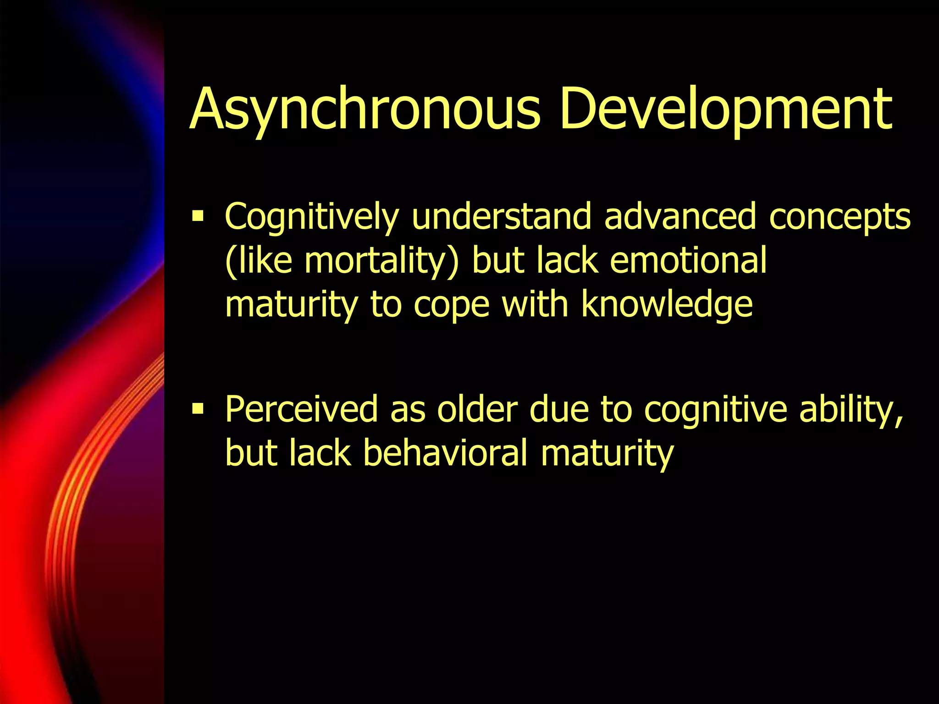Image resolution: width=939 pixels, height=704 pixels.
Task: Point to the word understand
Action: (501, 216)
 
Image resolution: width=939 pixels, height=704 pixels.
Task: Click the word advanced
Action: (679, 216)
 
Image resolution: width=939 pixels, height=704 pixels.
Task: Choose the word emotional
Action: (688, 260)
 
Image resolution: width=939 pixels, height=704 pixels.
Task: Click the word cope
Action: (451, 304)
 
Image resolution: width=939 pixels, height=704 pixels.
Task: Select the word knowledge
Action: (667, 304)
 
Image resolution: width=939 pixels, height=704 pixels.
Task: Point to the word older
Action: (477, 409)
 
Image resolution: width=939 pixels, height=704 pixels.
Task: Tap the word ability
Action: (851, 409)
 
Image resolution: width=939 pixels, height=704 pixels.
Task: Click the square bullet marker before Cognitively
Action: (198, 215)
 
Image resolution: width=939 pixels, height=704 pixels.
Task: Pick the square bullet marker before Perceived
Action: (198, 407)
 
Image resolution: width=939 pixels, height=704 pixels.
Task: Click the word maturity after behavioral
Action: (607, 453)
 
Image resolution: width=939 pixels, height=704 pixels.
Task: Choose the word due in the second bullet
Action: (559, 409)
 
